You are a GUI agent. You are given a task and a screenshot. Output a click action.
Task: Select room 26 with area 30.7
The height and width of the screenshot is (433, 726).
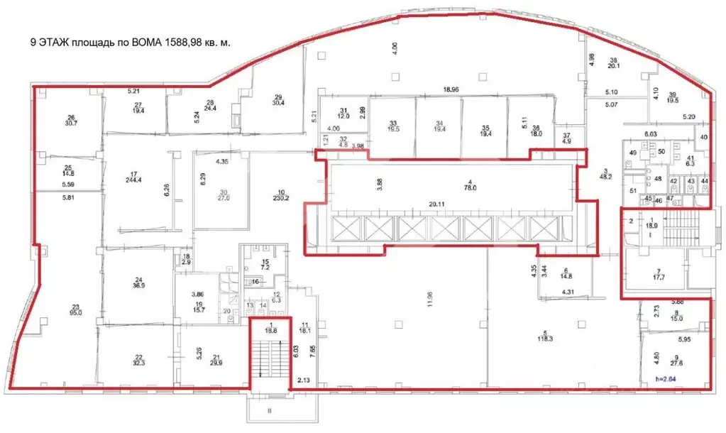71,121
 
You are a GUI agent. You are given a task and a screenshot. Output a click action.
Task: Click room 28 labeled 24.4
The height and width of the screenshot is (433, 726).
209,106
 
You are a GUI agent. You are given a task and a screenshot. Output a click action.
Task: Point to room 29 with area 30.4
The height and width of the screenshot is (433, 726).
278,100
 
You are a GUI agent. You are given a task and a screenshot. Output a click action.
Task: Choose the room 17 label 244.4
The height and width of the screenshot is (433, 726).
133,175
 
